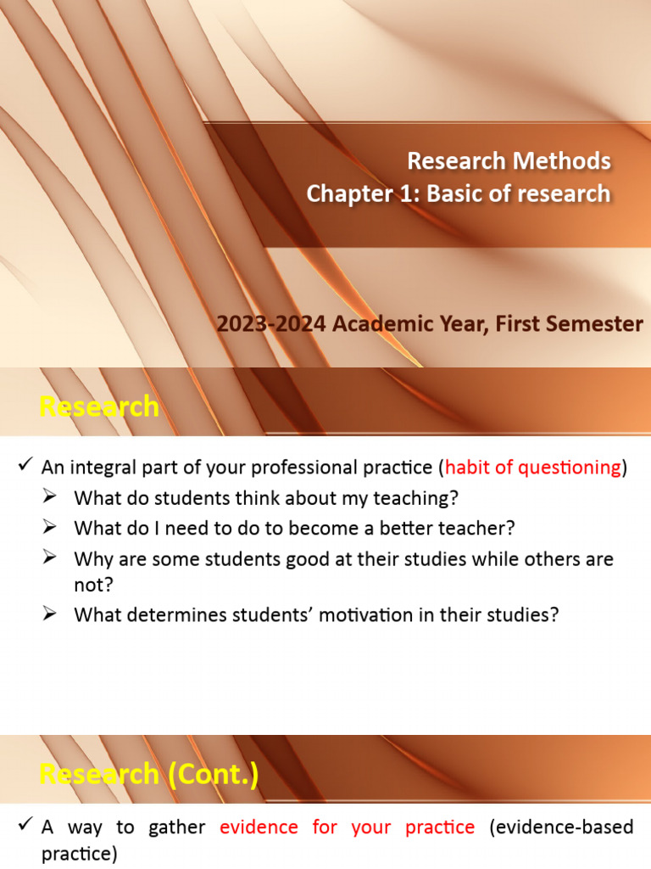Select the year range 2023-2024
tap(271, 323)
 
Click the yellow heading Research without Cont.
tap(99, 406)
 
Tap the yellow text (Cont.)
tap(213, 774)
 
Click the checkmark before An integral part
tap(25, 464)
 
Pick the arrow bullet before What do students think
tap(49, 496)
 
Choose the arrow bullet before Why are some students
tap(49, 557)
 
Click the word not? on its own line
tap(93, 585)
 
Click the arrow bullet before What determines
tap(49, 614)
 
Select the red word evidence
tap(259, 827)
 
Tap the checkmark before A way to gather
tap(25, 824)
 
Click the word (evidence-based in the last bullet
tap(561, 827)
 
